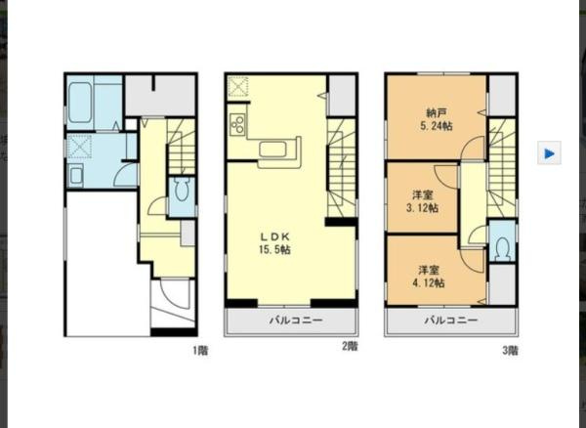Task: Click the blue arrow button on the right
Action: point(549,152)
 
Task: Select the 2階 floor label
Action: point(349,346)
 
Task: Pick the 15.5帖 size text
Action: point(274,250)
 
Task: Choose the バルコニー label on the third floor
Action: point(450,320)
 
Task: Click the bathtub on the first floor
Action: point(80,101)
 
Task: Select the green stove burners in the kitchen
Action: point(235,124)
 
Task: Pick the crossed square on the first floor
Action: point(80,148)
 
